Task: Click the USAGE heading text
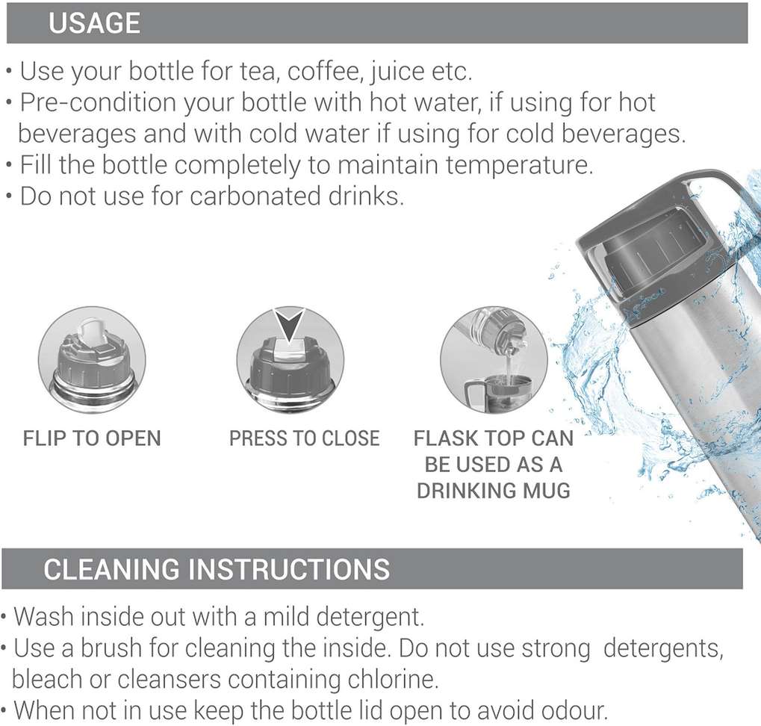tap(95, 23)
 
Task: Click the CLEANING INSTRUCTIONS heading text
tap(217, 568)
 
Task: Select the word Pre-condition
tap(98, 102)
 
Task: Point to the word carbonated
tap(255, 196)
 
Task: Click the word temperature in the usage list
tap(519, 165)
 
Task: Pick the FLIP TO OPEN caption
tap(92, 438)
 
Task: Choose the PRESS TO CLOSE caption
tap(304, 438)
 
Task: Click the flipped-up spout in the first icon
tap(92, 332)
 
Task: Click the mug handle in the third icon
tap(470, 396)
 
